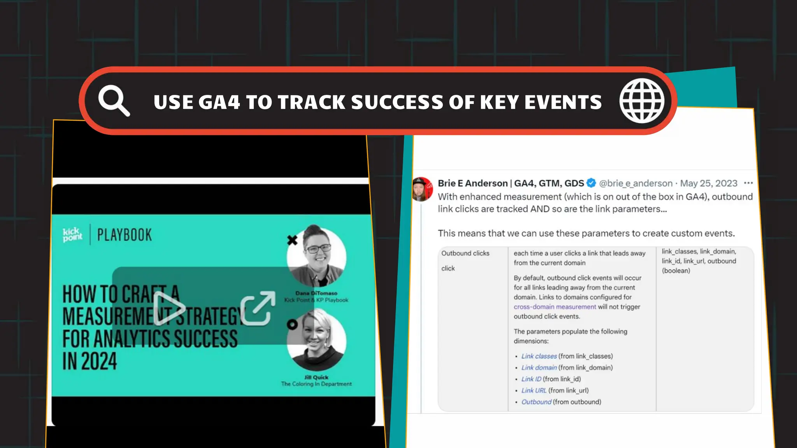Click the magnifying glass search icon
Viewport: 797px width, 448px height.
click(113, 100)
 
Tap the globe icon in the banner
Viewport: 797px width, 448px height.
click(642, 101)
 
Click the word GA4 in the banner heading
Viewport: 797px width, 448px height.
click(219, 102)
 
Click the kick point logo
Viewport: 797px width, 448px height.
click(72, 234)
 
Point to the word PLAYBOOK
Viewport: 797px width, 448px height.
click(125, 235)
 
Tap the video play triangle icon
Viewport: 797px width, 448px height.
click(169, 308)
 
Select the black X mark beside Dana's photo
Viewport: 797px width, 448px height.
click(292, 240)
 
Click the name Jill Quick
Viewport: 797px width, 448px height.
click(316, 377)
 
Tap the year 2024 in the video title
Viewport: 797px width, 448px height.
click(90, 361)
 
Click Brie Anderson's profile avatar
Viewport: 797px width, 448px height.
click(422, 189)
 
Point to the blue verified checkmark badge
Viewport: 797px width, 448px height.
click(591, 183)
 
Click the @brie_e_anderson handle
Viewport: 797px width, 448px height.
click(635, 183)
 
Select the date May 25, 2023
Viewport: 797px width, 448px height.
click(709, 183)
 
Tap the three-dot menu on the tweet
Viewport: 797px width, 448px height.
click(748, 183)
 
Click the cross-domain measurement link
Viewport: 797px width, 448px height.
click(555, 307)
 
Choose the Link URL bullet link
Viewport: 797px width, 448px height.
click(534, 390)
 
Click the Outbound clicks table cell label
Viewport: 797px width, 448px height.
click(465, 253)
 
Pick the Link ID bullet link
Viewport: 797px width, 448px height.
click(531, 379)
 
